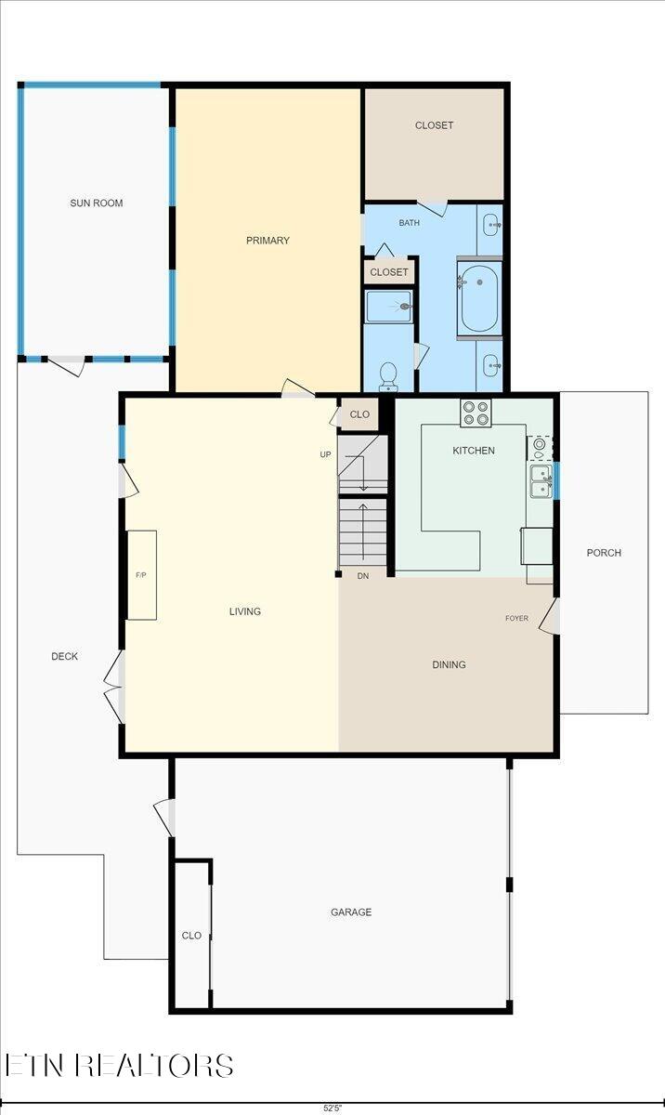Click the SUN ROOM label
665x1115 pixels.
97,203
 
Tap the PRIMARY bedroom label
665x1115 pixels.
267,241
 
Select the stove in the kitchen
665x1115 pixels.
476,413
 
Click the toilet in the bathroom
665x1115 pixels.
389,375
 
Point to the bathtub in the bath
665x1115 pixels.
479,297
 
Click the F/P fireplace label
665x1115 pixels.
141,575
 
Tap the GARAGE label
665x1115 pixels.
351,912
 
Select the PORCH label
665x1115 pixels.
604,553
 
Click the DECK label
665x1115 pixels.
64,657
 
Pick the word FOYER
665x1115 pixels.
517,618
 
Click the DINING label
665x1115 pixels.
449,664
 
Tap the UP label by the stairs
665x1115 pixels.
326,454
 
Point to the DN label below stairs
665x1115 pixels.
363,577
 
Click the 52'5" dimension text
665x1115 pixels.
332,1108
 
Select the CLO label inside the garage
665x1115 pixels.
191,936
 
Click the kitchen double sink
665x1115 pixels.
540,481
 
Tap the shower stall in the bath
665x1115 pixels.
389,306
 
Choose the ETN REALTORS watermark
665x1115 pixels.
119,1065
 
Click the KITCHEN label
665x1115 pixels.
474,451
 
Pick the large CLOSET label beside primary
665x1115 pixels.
434,125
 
